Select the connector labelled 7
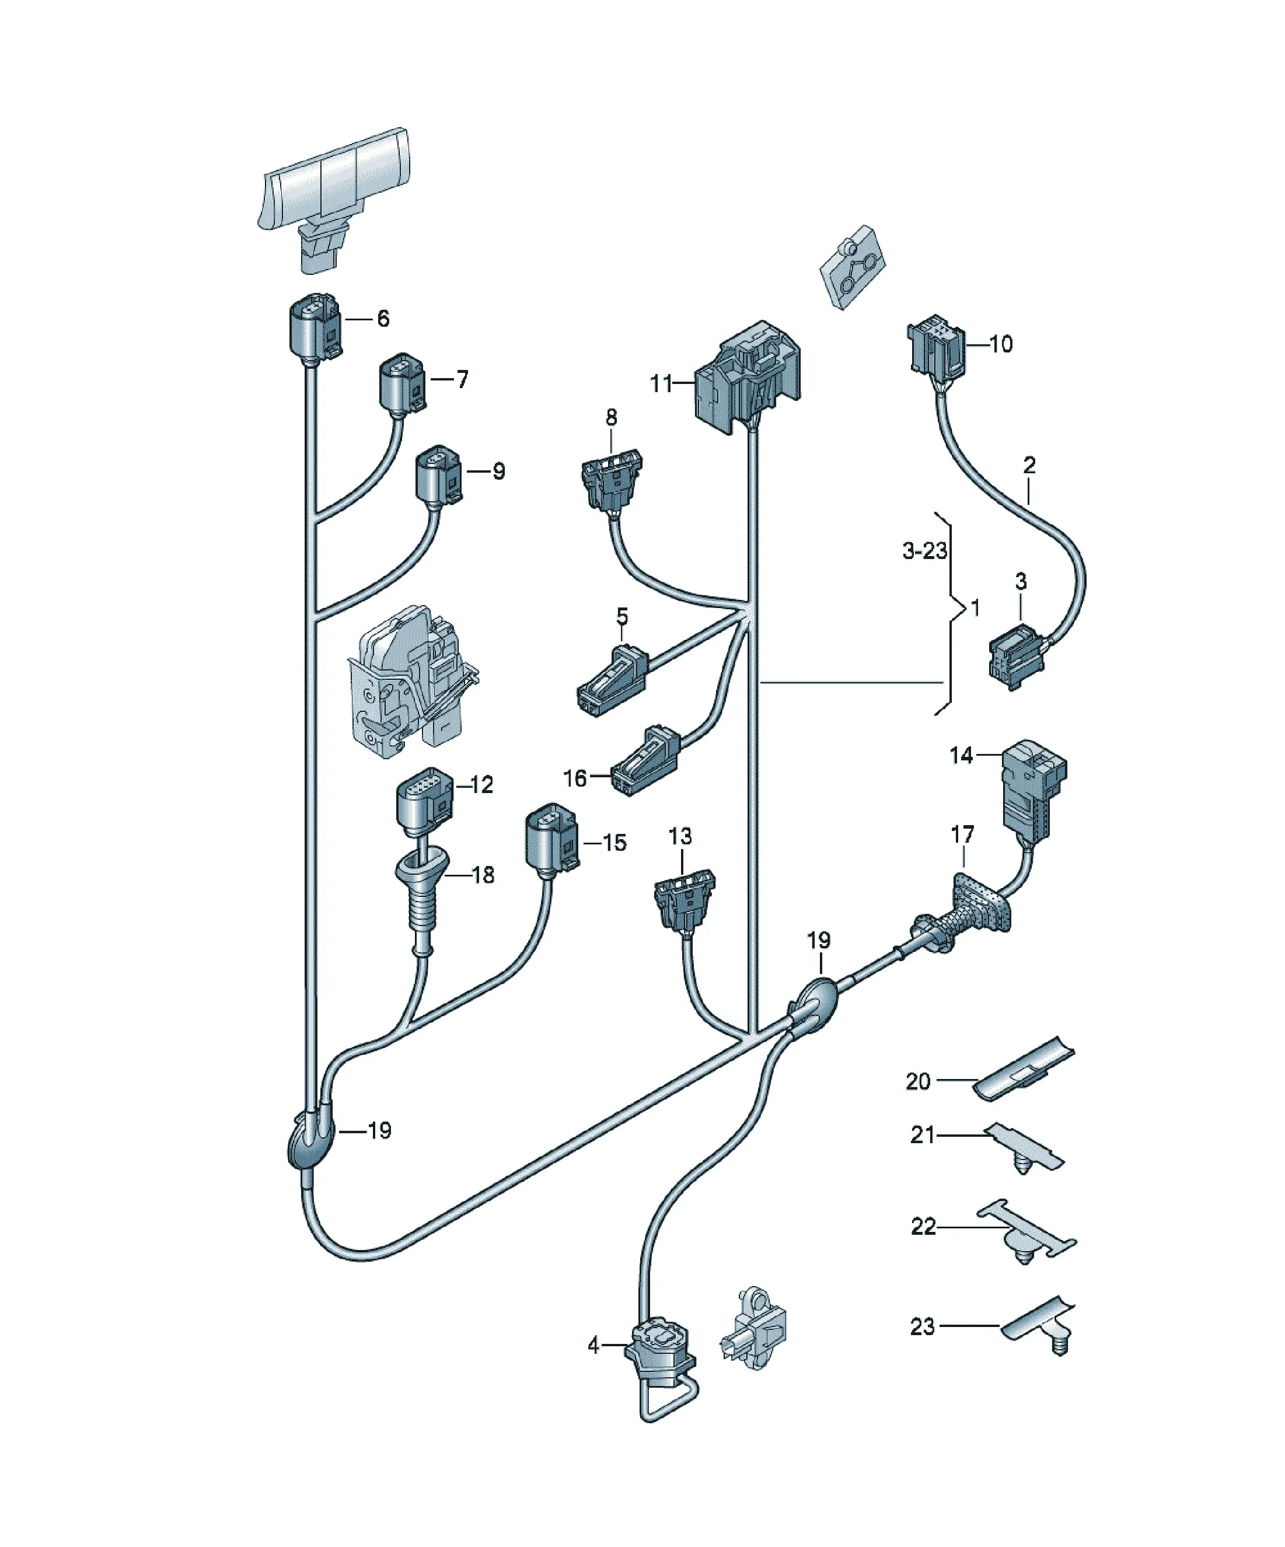point(402,384)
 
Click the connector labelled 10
point(936,345)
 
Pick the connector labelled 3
point(1018,655)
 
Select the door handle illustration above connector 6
point(334,199)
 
